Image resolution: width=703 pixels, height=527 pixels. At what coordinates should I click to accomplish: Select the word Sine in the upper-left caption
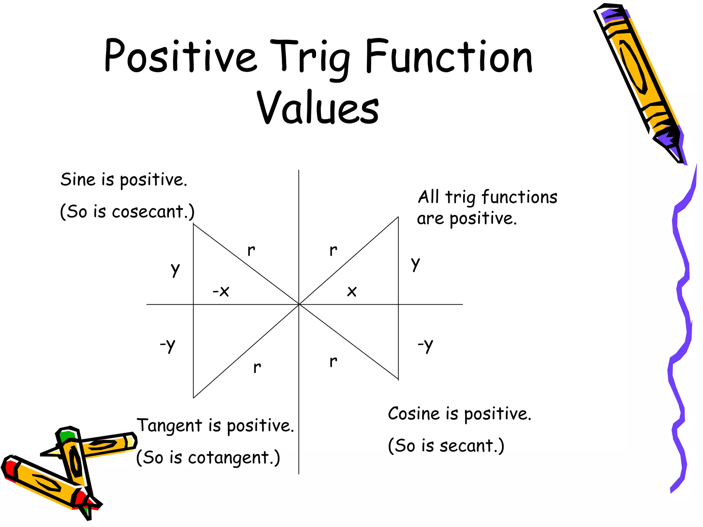coord(78,179)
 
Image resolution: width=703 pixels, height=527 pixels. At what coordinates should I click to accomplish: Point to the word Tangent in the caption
coord(170,426)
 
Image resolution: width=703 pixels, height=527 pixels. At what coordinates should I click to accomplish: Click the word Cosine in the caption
coord(414,414)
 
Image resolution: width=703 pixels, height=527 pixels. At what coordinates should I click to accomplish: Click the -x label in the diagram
coord(221,291)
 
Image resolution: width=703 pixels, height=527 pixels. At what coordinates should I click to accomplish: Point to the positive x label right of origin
coord(352,292)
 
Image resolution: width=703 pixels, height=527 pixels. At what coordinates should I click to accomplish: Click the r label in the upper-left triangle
coord(251,250)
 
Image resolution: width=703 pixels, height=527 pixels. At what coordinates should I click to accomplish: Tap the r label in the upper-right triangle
coord(333,250)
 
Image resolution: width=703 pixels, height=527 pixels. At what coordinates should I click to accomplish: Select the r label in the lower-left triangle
coord(257,367)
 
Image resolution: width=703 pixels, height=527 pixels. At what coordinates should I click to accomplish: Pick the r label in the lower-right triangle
coord(333,361)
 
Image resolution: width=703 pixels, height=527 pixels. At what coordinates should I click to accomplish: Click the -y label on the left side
coord(168,344)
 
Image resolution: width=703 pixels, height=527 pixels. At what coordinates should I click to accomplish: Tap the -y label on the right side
coord(425,344)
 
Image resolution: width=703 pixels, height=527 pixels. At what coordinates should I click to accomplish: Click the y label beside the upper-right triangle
coord(415,263)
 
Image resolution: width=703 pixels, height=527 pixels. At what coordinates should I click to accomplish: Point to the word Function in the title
coord(448,57)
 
